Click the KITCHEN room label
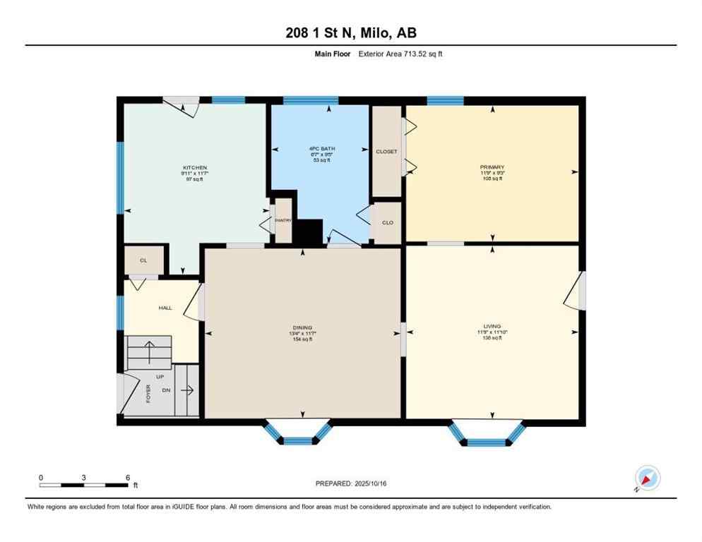(x=192, y=167)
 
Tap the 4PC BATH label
(x=321, y=149)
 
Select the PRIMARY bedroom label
(x=492, y=167)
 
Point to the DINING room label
(x=302, y=327)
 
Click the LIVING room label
(x=492, y=327)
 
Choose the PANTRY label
(x=283, y=220)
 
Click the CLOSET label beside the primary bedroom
(x=386, y=152)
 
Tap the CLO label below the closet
(x=387, y=223)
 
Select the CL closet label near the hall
(x=143, y=260)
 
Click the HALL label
(x=165, y=308)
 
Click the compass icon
(x=647, y=478)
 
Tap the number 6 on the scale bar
(x=127, y=478)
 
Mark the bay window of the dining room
(x=297, y=434)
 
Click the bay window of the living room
(x=487, y=435)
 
